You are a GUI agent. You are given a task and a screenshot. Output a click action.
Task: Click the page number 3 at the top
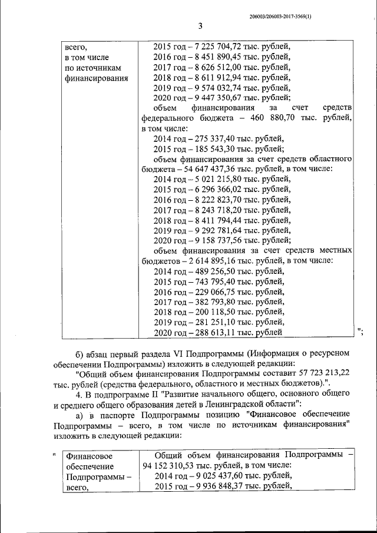(200, 25)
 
